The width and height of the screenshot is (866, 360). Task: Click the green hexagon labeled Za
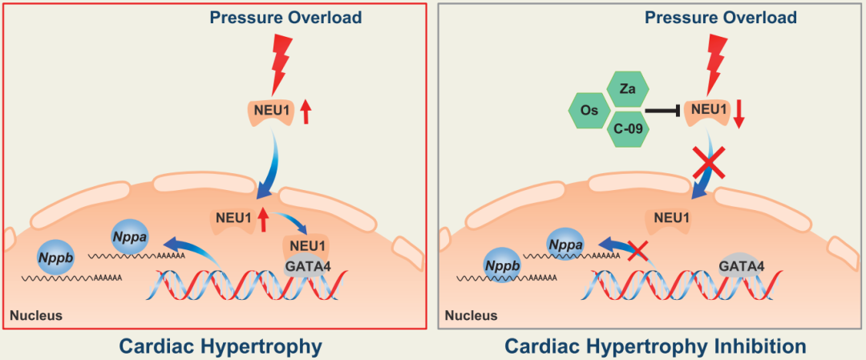click(628, 90)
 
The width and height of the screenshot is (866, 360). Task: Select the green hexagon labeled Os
click(589, 111)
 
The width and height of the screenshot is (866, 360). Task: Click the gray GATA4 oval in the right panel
click(739, 265)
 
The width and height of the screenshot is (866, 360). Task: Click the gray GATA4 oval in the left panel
click(306, 265)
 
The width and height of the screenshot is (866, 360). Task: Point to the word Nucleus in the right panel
click(471, 315)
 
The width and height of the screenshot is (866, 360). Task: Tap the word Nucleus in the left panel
click(35, 315)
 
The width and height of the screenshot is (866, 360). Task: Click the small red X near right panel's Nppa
click(637, 253)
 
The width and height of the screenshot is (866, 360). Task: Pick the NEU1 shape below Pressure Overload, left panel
click(269, 111)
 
